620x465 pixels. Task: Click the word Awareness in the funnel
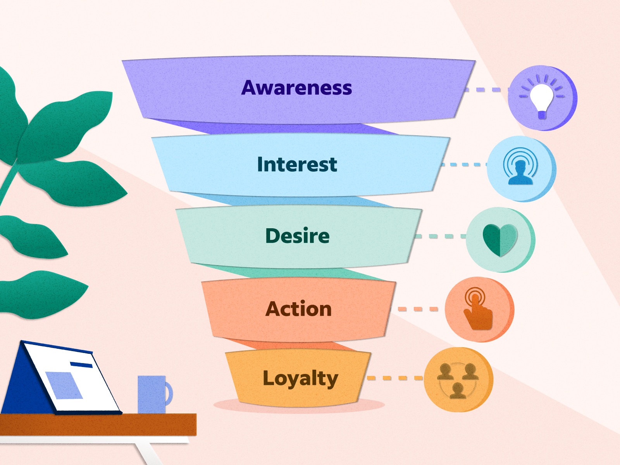pyautogui.click(x=296, y=88)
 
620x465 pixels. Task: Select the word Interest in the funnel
pyautogui.click(x=297, y=164)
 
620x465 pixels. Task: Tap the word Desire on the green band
pyautogui.click(x=297, y=236)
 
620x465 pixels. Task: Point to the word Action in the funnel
pyautogui.click(x=298, y=309)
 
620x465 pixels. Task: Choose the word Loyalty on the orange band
pyautogui.click(x=300, y=378)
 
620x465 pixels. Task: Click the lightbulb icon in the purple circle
pyautogui.click(x=541, y=98)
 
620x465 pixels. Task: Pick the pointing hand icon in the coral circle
pyautogui.click(x=478, y=309)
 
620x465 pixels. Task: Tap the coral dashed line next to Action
pyautogui.click(x=418, y=309)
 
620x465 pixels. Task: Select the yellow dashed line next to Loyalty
pyautogui.click(x=395, y=378)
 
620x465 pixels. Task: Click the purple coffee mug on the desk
pyautogui.click(x=151, y=394)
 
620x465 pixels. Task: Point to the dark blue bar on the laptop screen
pyautogui.click(x=81, y=365)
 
